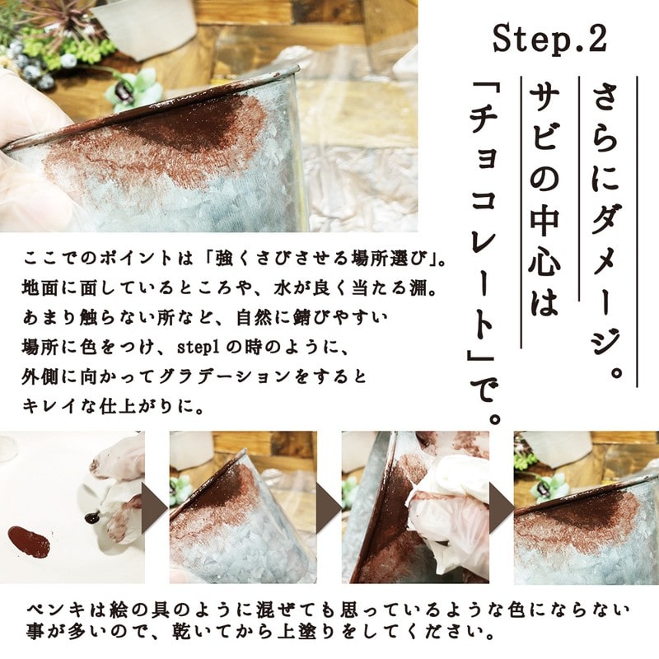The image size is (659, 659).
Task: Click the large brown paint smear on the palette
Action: (x=30, y=540)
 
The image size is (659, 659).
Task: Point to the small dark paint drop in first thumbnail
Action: (x=91, y=518)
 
